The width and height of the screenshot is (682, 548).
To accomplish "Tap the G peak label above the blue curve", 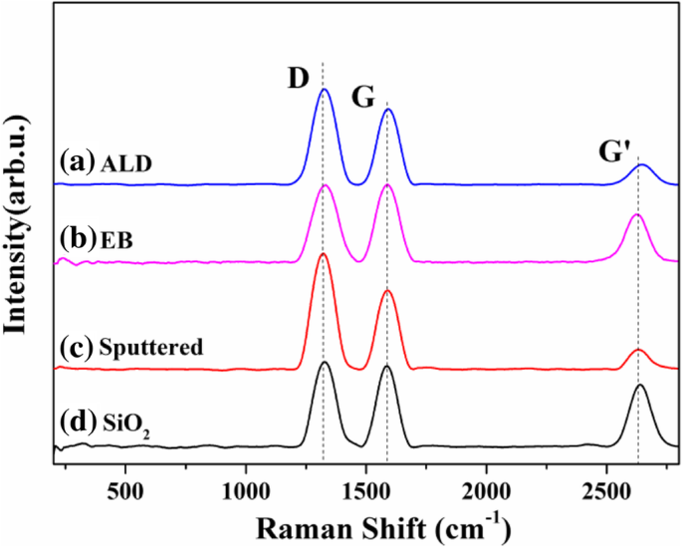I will [x=363, y=97].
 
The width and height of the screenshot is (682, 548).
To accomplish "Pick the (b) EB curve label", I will [x=99, y=240].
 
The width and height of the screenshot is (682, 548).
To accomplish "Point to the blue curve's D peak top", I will [x=324, y=90].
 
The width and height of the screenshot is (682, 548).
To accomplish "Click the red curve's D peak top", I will [x=323, y=254].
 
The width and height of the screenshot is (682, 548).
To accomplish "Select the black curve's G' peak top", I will [x=640, y=385].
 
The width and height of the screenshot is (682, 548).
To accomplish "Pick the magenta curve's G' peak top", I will [x=636, y=214].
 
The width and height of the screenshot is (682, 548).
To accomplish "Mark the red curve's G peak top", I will [x=387, y=290].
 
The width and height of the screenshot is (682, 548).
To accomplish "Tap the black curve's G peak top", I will [x=387, y=367].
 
